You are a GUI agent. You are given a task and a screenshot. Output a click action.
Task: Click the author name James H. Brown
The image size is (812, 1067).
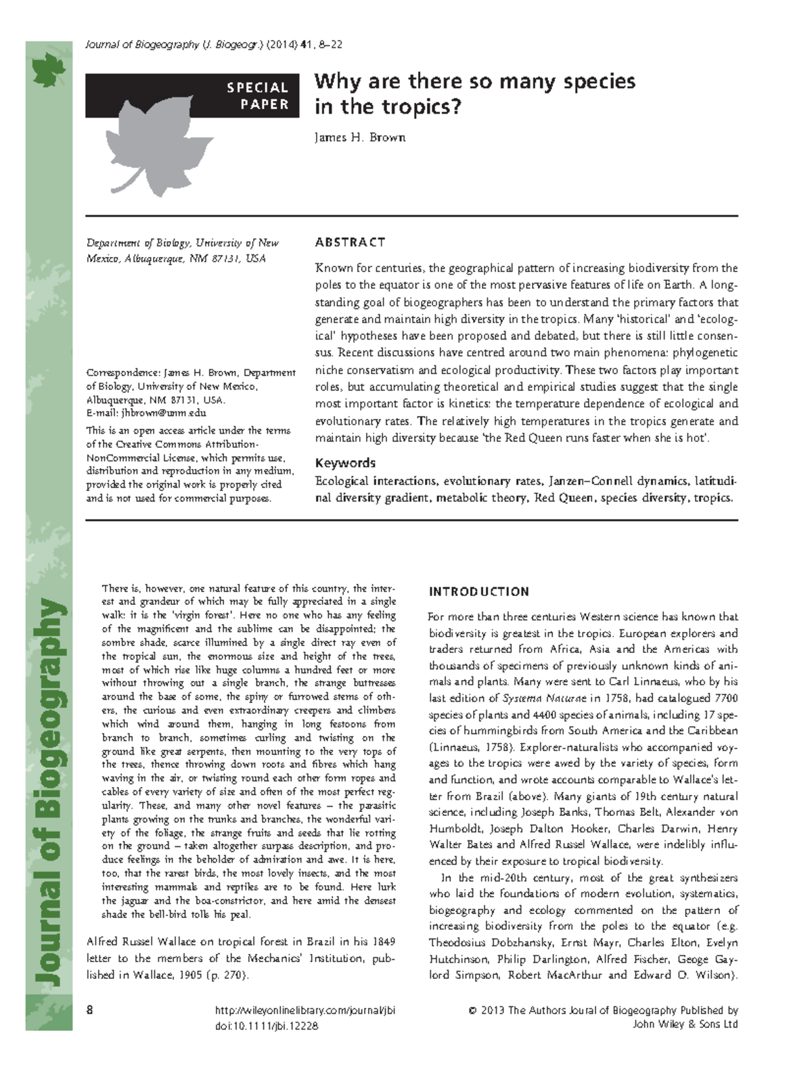tap(359, 137)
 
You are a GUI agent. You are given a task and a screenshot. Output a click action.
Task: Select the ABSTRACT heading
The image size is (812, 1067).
tap(350, 242)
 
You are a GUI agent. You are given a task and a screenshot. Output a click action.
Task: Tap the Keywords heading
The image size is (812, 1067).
tap(345, 463)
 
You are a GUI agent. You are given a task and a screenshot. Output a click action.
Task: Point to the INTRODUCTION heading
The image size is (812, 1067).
tap(479, 592)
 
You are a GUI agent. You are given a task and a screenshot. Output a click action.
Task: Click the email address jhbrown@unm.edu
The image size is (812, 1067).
tap(163, 413)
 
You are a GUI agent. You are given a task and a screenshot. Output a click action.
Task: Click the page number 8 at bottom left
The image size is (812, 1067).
tap(89, 1010)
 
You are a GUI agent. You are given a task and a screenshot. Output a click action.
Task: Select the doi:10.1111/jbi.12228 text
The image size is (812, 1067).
tap(266, 1026)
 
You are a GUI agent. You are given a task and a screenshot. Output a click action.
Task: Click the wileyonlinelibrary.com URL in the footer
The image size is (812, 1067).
tap(304, 1010)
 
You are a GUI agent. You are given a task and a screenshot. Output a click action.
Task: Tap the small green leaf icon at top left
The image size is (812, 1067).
tap(49, 70)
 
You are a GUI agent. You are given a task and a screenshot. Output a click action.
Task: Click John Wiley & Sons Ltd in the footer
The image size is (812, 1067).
tap(685, 1024)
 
